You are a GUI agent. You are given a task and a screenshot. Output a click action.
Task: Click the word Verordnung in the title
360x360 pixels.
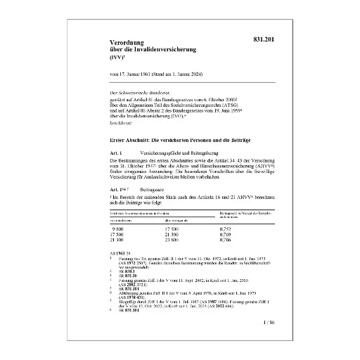121,43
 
